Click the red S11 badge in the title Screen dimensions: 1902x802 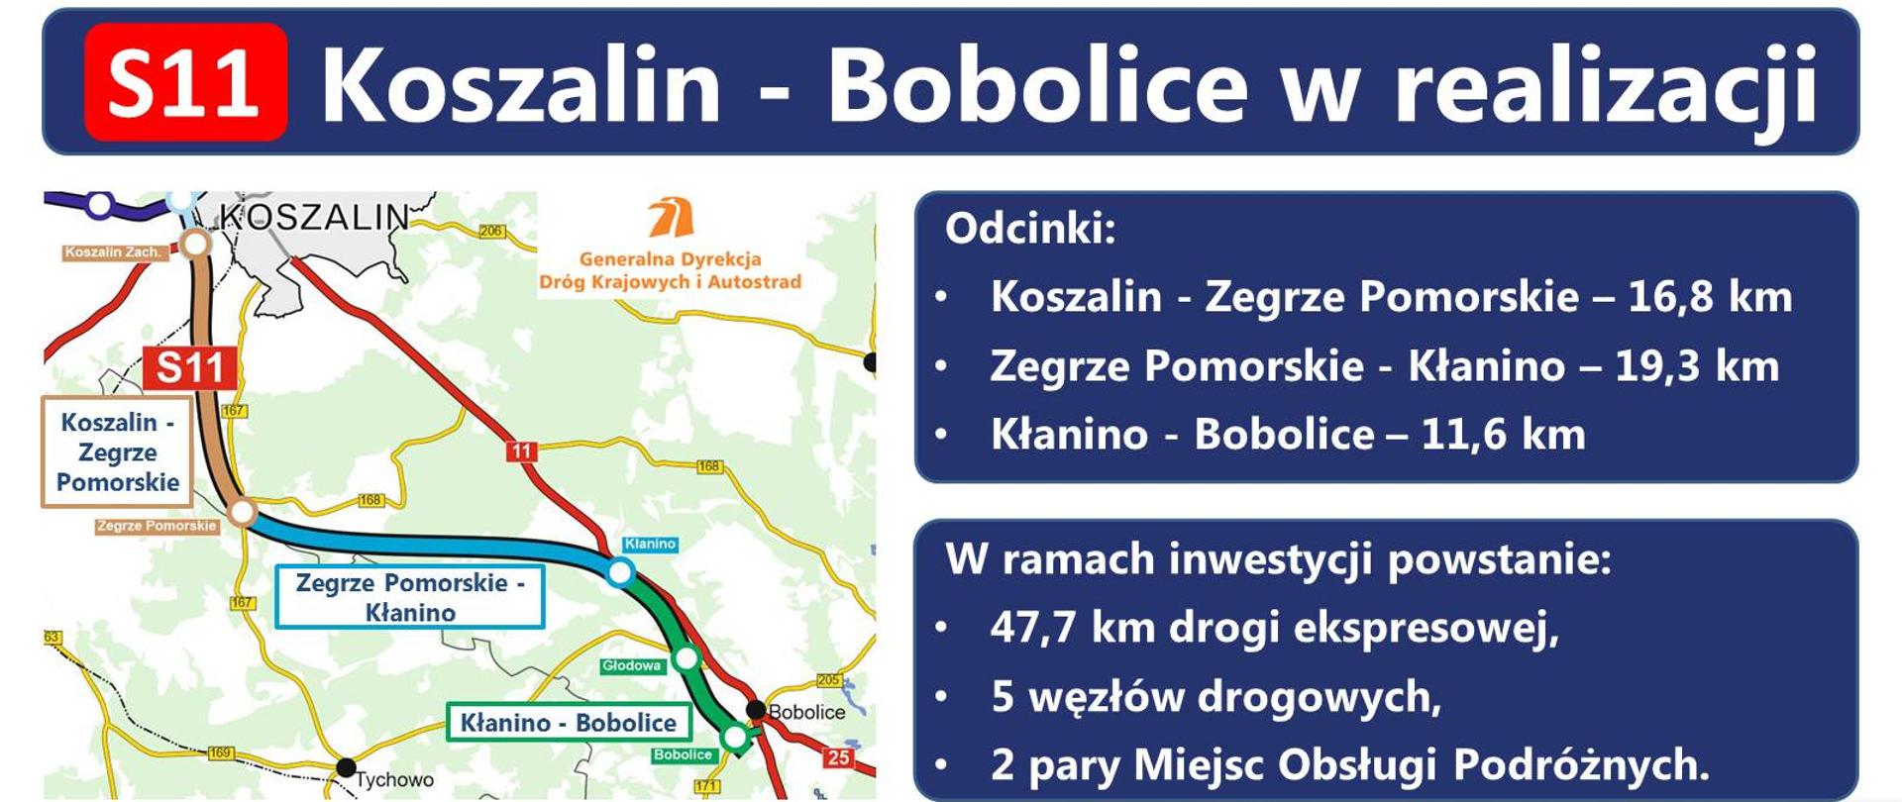pyautogui.click(x=186, y=82)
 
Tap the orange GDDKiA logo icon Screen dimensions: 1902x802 pyautogui.click(x=671, y=218)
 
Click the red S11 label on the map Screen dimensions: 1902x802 pyautogui.click(x=189, y=368)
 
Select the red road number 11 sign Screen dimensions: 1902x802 pyautogui.click(x=521, y=451)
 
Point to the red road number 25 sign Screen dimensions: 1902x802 pyautogui.click(x=838, y=757)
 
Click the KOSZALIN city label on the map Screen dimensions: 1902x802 pyautogui.click(x=313, y=216)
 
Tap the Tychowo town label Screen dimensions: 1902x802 pyautogui.click(x=394, y=780)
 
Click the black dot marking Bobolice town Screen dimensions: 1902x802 pyautogui.click(x=756, y=710)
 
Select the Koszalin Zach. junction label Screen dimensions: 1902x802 pyautogui.click(x=113, y=252)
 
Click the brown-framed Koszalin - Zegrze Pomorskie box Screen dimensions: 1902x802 pyautogui.click(x=117, y=451)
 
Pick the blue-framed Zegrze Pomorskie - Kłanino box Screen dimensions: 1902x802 pyautogui.click(x=409, y=597)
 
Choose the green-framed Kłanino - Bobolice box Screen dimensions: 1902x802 pyautogui.click(x=569, y=723)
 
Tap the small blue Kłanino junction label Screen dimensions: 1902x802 pyautogui.click(x=650, y=544)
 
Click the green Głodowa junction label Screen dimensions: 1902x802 pyautogui.click(x=631, y=665)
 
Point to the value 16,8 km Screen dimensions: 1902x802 pyautogui.click(x=1710, y=297)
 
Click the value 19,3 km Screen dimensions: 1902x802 pyautogui.click(x=1697, y=366)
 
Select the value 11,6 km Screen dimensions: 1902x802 pyautogui.click(x=1503, y=435)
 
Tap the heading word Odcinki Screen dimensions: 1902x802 pyautogui.click(x=1030, y=229)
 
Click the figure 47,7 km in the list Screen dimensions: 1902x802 pyautogui.click(x=1073, y=628)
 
